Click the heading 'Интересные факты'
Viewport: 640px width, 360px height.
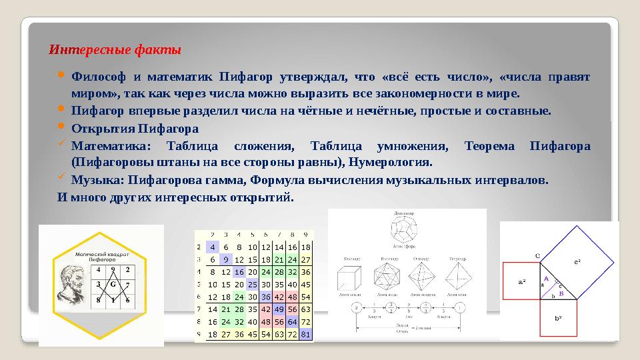tap(115, 50)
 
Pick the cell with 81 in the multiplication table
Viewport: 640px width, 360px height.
tap(305, 334)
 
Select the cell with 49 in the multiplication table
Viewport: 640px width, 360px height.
tap(279, 309)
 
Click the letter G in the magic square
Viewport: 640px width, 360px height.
tap(113, 285)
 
